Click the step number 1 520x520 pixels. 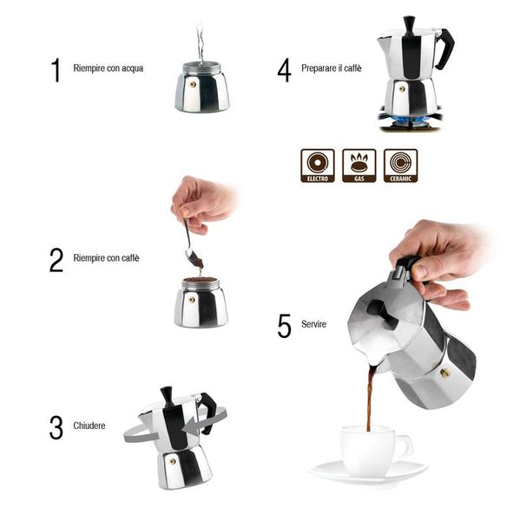[56, 69]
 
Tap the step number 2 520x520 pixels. [56, 259]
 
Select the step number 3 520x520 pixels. [56, 427]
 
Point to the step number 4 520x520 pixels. [284, 69]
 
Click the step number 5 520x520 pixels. [284, 325]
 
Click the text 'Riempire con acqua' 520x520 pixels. [109, 68]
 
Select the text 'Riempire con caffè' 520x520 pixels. [106, 258]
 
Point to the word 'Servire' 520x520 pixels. [314, 324]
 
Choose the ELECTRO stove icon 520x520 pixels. [317, 165]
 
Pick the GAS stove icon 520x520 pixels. [359, 165]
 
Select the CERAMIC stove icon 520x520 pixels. [400, 165]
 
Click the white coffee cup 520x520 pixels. [371, 449]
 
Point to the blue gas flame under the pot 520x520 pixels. [408, 119]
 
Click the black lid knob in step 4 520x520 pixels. [409, 24]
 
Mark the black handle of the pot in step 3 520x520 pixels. [208, 411]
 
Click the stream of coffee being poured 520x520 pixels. [371, 399]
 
